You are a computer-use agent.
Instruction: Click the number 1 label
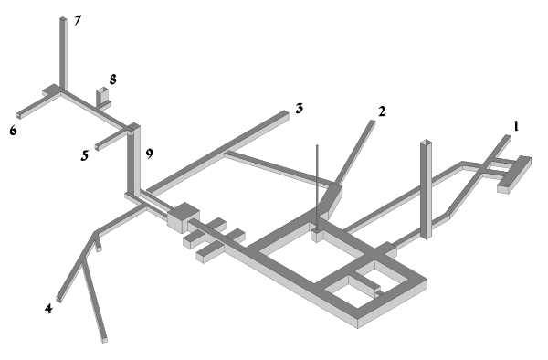516,126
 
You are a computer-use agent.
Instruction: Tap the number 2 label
382,111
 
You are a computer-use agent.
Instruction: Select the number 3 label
300,109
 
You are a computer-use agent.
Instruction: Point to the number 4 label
48,309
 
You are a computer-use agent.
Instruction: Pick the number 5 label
85,155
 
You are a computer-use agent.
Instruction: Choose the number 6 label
13,131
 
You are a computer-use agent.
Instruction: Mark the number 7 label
78,21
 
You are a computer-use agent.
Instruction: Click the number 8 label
112,79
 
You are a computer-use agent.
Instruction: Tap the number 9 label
149,154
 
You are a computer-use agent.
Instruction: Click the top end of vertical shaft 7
63,18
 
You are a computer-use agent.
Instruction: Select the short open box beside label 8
102,97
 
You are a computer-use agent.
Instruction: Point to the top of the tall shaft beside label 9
134,126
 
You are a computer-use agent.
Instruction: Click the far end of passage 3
285,112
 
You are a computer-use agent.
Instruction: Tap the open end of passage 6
19,116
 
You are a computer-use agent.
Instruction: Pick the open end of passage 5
97,147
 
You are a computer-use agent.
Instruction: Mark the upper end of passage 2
373,122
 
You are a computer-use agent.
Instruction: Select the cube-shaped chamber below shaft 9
184,217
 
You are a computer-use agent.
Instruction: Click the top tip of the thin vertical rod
317,145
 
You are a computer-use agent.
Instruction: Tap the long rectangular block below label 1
514,175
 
